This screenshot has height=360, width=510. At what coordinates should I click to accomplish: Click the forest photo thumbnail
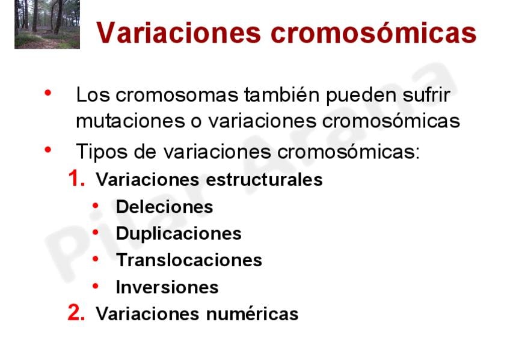[x=47, y=25]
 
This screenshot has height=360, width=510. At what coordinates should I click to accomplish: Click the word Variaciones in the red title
[x=179, y=32]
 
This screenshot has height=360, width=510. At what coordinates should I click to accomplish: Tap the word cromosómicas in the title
[x=373, y=32]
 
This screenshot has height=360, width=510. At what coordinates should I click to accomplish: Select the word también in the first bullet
[x=281, y=95]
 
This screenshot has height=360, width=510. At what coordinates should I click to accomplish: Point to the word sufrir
[x=426, y=95]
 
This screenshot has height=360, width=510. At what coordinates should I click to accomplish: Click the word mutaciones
[x=131, y=121]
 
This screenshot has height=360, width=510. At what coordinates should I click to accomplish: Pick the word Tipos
[x=102, y=151]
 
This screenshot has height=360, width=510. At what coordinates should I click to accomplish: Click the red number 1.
[x=77, y=178]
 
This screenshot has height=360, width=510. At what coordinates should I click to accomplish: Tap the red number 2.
[x=76, y=313]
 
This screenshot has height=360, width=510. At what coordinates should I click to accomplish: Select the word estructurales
[x=265, y=179]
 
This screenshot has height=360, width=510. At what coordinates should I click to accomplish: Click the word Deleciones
[x=165, y=207]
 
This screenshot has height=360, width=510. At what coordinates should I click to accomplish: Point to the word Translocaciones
[x=189, y=260]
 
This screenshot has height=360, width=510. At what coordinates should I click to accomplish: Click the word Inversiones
[x=167, y=287]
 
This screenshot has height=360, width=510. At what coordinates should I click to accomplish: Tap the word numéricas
[x=253, y=314]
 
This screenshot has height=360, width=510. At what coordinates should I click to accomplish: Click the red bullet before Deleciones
[x=96, y=206]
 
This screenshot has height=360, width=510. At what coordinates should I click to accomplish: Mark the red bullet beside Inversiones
[x=96, y=286]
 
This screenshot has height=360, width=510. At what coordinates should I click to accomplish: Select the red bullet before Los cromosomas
[x=48, y=93]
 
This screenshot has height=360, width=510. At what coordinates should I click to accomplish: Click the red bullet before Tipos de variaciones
[x=48, y=150]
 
